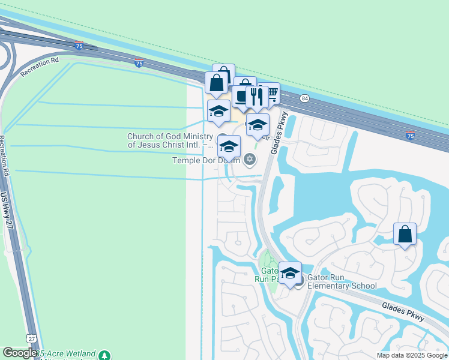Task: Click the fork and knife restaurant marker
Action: point(258,97)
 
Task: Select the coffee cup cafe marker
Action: point(241,96)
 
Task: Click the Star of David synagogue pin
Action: point(250,160)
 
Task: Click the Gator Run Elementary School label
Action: point(342,281)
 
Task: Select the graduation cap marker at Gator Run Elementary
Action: point(291,273)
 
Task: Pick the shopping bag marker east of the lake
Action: point(405,234)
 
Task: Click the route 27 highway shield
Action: point(32,339)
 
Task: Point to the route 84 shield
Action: point(305,98)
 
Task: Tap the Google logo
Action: point(19,353)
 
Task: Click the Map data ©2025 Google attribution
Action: point(412,355)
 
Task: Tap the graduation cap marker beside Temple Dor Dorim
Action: point(229,146)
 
